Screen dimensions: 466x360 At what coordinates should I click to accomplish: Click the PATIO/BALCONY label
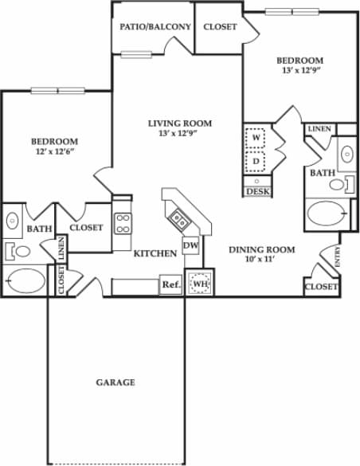pos(155,26)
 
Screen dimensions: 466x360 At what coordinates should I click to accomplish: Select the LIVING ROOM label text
pos(180,123)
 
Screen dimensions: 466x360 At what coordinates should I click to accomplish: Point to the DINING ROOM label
pos(261,249)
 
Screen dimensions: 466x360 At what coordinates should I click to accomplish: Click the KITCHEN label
pos(155,253)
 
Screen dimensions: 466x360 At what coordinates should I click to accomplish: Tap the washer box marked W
pos(256,138)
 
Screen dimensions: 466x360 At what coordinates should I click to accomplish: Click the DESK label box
pos(257,191)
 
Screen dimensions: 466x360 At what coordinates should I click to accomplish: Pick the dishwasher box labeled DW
pos(191,246)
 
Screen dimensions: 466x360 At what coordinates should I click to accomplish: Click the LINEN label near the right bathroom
pos(319,128)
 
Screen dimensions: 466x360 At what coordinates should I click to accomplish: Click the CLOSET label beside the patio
pos(220,26)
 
